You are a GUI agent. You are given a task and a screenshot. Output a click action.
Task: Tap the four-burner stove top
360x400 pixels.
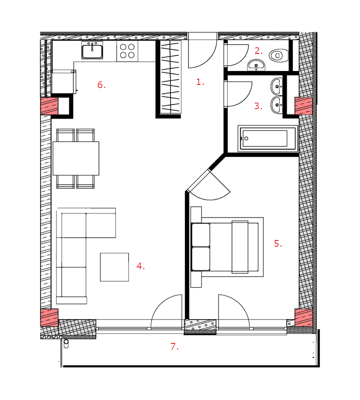(x=127, y=51)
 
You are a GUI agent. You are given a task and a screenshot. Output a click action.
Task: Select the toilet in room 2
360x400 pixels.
(x=279, y=55)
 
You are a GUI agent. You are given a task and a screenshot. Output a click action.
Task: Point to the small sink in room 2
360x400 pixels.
(x=256, y=65)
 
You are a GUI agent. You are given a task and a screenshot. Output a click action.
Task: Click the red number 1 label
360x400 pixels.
(x=200, y=82)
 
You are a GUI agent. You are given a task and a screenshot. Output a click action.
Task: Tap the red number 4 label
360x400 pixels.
(x=140, y=266)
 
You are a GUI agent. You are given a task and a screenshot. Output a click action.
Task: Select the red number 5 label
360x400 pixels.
(x=278, y=243)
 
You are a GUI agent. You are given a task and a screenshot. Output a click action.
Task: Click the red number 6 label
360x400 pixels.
(x=101, y=84)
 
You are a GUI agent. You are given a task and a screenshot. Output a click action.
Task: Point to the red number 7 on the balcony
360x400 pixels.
(x=175, y=347)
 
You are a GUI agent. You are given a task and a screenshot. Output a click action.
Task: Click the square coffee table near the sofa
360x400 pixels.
(x=114, y=267)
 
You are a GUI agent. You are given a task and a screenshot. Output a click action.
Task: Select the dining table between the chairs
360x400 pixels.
(x=76, y=158)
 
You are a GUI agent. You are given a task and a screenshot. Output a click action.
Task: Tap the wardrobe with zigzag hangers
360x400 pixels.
(x=171, y=77)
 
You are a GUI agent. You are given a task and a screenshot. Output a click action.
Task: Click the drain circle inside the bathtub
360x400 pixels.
(x=246, y=138)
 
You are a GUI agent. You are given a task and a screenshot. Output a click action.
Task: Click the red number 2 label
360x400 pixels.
(x=259, y=51)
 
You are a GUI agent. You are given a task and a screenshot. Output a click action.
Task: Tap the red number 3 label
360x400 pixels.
(x=258, y=106)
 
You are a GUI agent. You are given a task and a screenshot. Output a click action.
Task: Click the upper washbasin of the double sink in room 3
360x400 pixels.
(x=277, y=87)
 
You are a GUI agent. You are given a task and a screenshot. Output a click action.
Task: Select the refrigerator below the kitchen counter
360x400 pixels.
(x=64, y=82)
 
